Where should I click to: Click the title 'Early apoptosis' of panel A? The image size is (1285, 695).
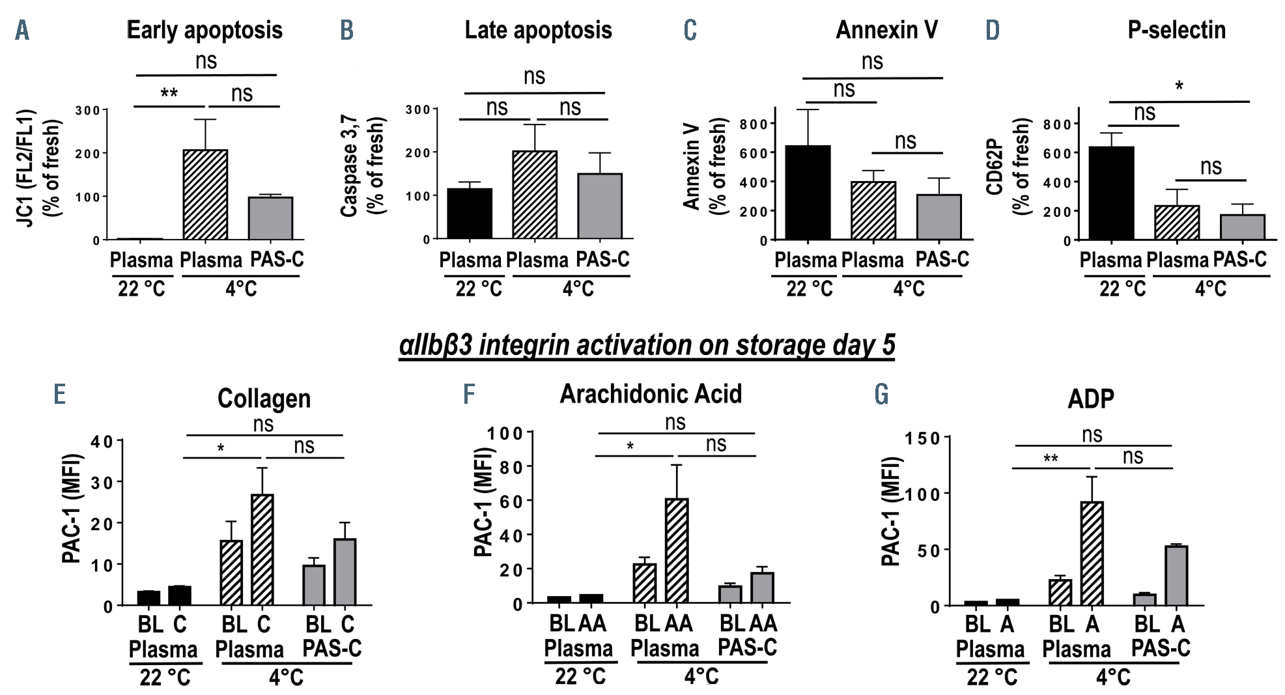pyautogui.click(x=204, y=30)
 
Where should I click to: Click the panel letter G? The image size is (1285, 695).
pyautogui.click(x=883, y=395)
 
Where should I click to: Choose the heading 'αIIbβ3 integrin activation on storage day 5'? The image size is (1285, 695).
pyautogui.click(x=647, y=345)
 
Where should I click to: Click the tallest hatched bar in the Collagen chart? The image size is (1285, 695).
pyautogui.click(x=262, y=550)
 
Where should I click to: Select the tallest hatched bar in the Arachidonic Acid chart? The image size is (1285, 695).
pyautogui.click(x=677, y=550)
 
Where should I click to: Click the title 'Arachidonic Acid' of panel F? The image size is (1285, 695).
pyautogui.click(x=650, y=394)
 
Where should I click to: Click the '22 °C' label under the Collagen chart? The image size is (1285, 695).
pyautogui.click(x=165, y=678)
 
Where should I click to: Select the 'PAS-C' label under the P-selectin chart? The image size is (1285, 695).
pyautogui.click(x=1240, y=259)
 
